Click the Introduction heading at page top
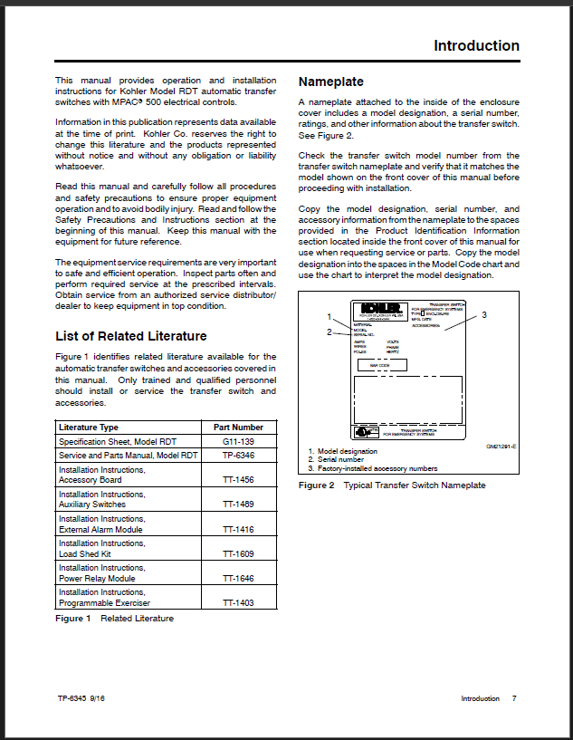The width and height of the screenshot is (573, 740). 476,46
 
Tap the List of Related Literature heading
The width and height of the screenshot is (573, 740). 131,336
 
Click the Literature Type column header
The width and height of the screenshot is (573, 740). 89,427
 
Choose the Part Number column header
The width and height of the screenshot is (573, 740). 238,427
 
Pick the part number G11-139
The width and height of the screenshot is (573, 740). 238,441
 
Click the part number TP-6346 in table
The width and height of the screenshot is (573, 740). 238,456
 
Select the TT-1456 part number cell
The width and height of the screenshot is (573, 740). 238,480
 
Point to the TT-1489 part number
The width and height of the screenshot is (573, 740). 238,505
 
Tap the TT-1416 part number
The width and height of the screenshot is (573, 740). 238,529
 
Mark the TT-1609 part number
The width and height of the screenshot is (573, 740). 238,553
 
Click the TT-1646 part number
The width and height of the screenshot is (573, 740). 238,578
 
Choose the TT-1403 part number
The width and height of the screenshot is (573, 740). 238,602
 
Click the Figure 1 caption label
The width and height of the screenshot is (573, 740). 73,619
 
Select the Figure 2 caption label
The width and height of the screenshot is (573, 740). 317,485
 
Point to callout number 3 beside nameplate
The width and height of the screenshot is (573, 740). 484,315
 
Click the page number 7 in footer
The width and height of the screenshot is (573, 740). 514,698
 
